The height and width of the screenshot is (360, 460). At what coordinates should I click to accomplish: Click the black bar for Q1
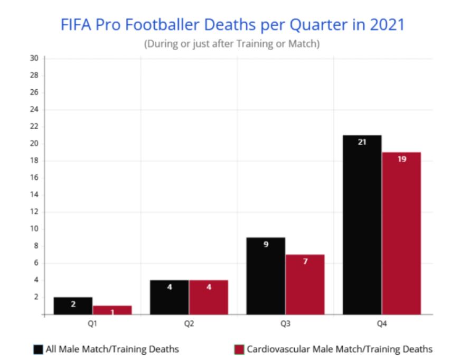click(x=73, y=306)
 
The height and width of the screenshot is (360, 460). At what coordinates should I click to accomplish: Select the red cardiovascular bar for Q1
click(x=112, y=310)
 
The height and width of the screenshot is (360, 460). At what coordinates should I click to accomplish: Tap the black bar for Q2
click(x=169, y=298)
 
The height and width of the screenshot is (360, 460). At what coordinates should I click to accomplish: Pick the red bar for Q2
click(x=208, y=298)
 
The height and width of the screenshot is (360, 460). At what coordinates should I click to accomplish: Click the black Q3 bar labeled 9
click(x=266, y=276)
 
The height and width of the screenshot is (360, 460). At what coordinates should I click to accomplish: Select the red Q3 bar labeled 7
click(x=305, y=284)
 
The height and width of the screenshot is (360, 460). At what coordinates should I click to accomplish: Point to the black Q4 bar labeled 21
click(x=362, y=225)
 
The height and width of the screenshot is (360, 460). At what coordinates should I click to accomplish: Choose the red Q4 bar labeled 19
click(x=401, y=233)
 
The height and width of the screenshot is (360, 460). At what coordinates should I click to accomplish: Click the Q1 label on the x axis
click(x=92, y=324)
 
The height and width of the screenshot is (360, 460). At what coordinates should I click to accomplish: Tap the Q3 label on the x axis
click(x=285, y=324)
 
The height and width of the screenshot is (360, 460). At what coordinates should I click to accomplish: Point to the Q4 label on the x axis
click(x=381, y=324)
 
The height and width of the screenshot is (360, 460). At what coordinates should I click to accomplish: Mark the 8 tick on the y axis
click(x=35, y=246)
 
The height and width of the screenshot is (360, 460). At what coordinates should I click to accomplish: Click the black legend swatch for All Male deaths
click(x=39, y=349)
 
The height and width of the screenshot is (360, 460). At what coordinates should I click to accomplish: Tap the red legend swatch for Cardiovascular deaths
click(x=238, y=349)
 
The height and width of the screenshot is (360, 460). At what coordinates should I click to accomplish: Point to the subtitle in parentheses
click(x=232, y=44)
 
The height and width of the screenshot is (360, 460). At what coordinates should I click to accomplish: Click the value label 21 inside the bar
click(x=362, y=142)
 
